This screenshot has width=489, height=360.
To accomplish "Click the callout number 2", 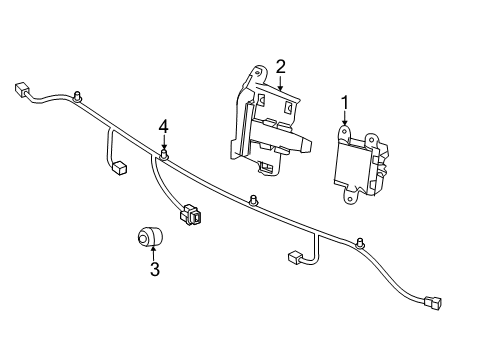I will coord(281,67).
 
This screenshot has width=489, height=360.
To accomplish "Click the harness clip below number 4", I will coord(164,155).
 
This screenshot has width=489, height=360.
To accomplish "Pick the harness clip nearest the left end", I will coord(77,97).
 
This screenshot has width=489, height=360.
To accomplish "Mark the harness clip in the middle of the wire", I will coord(256,199).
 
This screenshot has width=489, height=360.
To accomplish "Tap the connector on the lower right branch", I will coord(295,258).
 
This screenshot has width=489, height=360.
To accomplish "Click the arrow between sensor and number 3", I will coord(153,252).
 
